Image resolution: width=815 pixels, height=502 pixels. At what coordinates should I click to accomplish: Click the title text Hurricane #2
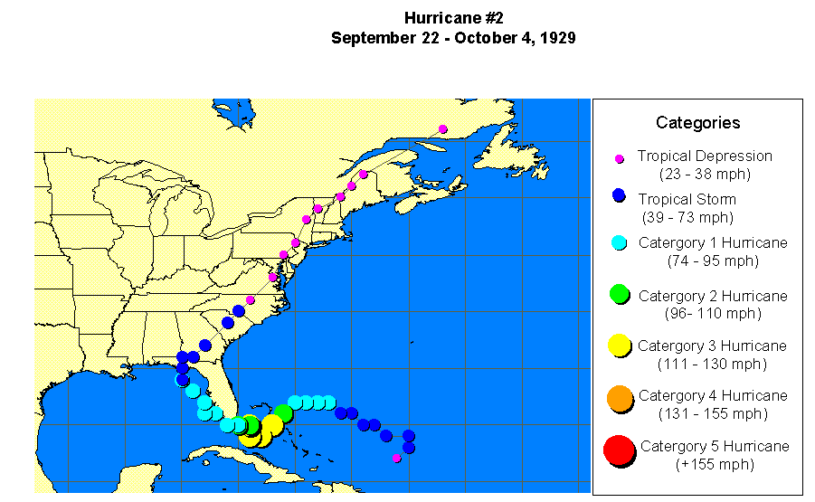coord(453,18)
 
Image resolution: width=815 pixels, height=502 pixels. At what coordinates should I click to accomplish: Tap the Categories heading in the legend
coord(697,123)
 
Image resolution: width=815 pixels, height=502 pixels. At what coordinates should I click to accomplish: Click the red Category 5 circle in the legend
coord(619,450)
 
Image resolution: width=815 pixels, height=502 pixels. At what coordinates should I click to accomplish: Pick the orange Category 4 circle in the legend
coord(619,399)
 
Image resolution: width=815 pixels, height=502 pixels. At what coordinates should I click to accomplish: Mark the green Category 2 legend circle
coord(619,294)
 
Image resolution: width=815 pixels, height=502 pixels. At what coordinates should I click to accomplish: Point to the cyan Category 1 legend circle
coord(619,242)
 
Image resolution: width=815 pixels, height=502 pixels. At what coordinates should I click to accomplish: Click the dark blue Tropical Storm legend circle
coord(619,195)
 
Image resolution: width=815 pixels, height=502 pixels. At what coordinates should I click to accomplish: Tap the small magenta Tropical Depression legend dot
coord(620,158)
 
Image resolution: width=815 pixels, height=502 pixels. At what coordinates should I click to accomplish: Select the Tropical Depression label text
coord(704,156)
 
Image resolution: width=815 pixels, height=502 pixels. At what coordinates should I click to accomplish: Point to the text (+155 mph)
coord(715,464)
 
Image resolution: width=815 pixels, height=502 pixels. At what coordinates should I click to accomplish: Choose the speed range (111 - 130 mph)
coord(712,364)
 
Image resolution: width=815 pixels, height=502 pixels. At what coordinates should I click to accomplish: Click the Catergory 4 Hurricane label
coord(713,395)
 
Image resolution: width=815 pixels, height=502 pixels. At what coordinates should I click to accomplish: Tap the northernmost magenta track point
coord(443,129)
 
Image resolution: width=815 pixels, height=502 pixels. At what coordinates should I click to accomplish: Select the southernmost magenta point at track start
coord(396,458)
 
